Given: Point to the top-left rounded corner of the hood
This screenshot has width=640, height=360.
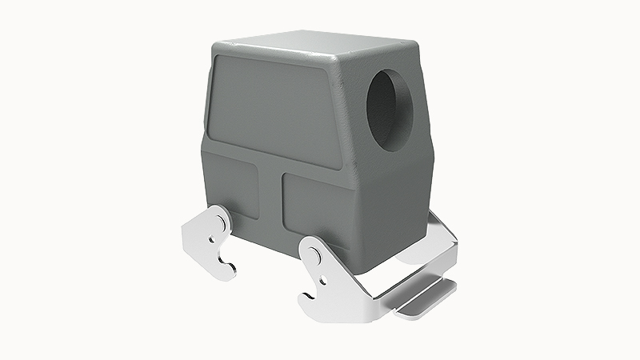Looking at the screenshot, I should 217,50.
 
